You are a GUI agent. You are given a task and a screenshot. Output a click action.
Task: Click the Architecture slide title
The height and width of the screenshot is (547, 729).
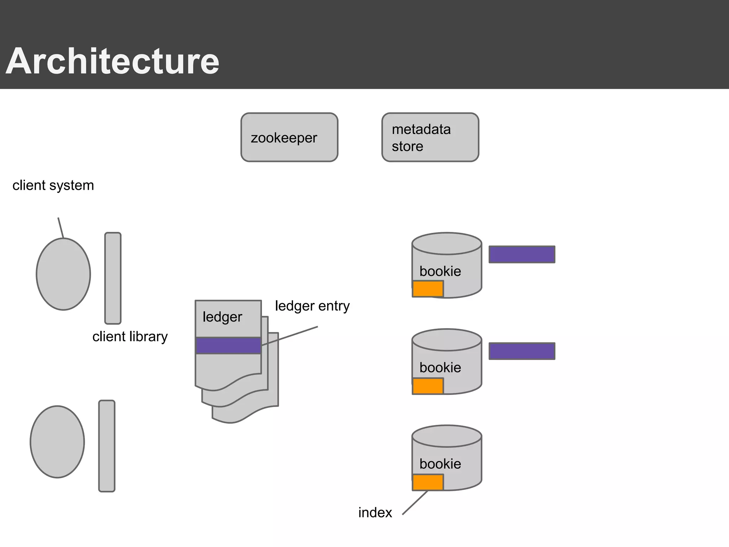pyautogui.click(x=112, y=61)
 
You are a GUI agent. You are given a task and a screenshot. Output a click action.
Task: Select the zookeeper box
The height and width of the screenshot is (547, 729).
pyautogui.click(x=289, y=137)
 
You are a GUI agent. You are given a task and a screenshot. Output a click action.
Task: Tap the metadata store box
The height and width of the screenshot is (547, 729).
pyautogui.click(x=430, y=137)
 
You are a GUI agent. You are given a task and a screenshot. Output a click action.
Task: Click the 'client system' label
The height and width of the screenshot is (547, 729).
pyautogui.click(x=53, y=186)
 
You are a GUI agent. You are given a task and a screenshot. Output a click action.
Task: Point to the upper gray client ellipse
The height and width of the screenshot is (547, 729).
pyautogui.click(x=63, y=274)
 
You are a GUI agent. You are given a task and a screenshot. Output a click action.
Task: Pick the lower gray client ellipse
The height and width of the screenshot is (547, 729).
pyautogui.click(x=57, y=442)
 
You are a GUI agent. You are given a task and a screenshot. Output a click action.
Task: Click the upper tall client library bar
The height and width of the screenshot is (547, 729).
pyautogui.click(x=113, y=278)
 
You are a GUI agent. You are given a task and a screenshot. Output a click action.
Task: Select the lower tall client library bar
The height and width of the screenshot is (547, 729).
pyautogui.click(x=107, y=446)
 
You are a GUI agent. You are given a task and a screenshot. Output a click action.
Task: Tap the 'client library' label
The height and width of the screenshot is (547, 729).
pyautogui.click(x=130, y=337)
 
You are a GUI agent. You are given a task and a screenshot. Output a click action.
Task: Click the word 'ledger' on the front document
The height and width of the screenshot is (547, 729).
pyautogui.click(x=222, y=317)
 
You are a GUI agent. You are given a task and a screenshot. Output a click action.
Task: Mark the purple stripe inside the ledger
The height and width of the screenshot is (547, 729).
pyautogui.click(x=228, y=345)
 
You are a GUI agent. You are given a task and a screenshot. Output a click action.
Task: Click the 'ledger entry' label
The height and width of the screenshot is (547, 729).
pyautogui.click(x=312, y=306)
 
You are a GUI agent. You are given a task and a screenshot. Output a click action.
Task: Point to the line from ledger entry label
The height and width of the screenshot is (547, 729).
pyautogui.click(x=290, y=336)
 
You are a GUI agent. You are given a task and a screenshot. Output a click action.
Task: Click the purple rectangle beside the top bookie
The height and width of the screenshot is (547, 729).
pyautogui.click(x=522, y=254)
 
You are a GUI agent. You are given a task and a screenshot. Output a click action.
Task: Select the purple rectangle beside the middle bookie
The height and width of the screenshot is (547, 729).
pyautogui.click(x=522, y=351)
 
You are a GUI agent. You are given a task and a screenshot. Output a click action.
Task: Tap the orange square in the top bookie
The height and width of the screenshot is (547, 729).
pyautogui.click(x=428, y=289)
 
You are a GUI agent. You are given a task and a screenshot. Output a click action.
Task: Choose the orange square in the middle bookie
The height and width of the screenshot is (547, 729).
pyautogui.click(x=428, y=386)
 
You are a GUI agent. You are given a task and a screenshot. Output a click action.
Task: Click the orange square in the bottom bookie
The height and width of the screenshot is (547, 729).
pyautogui.click(x=428, y=482)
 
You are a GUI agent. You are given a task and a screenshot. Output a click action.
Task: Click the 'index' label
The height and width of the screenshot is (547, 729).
pyautogui.click(x=375, y=513)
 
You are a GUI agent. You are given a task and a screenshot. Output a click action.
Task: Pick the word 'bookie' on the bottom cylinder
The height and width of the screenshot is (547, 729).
pyautogui.click(x=440, y=464)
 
